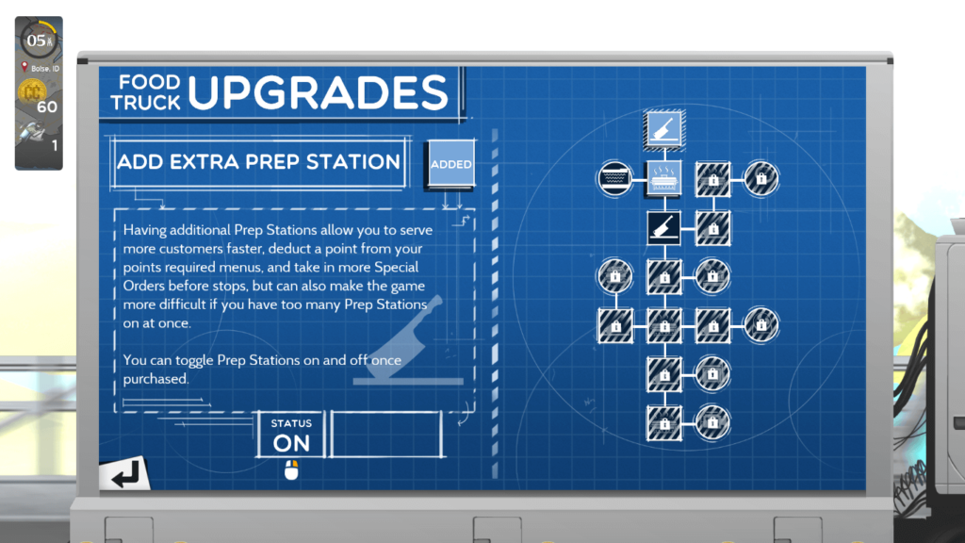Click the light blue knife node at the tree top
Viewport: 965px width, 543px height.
pos(664,129)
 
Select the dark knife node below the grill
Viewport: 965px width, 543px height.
pos(664,228)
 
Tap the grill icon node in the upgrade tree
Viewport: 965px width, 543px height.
pos(664,178)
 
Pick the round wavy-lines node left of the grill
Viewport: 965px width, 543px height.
pos(614,178)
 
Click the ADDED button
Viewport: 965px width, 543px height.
pos(451,164)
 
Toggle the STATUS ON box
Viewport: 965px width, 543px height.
pos(291,435)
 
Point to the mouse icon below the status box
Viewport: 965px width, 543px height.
pos(291,470)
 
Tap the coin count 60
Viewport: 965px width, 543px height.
pos(47,107)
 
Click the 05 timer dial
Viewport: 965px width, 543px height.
pos(39,40)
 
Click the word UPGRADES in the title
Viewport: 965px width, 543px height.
pos(319,92)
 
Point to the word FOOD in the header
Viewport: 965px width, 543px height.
pos(149,82)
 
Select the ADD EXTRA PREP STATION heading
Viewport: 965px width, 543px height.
pos(258,162)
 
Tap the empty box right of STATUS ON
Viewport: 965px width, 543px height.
pos(386,435)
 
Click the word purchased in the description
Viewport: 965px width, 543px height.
pos(155,379)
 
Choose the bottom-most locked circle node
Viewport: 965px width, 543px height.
pos(712,423)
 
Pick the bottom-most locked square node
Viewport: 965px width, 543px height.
pos(664,423)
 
